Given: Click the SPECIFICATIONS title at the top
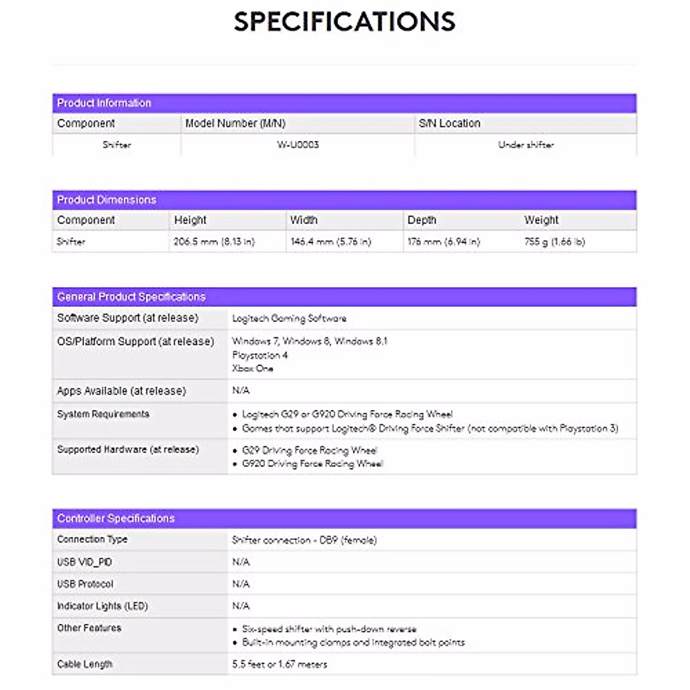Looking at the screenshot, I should tap(344, 22).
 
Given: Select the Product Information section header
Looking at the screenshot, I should tap(104, 103).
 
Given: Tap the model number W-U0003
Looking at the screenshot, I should tap(297, 145).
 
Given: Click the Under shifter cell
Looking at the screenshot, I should tap(526, 145).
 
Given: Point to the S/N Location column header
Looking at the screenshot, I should tap(449, 124).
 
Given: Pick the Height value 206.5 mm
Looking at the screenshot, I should tap(214, 242).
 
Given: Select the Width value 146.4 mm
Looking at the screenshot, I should tap(331, 242).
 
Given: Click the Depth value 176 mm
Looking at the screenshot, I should tap(443, 242).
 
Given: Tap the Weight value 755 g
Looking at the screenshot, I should tap(554, 242).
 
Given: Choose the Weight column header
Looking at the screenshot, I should tap(541, 220).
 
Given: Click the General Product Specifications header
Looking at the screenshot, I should tap(131, 297).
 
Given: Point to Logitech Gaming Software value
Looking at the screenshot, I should tap(289, 319).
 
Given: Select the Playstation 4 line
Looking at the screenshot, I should tap(260, 355).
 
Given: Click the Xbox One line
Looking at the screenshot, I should tap(252, 369).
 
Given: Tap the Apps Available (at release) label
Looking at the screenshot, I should tap(121, 391).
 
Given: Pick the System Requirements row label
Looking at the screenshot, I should tap(103, 415).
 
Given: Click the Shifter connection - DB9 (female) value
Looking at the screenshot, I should tap(304, 540).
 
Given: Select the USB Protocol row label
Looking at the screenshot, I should tap(85, 584).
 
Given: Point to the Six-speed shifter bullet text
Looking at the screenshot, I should tap(329, 629).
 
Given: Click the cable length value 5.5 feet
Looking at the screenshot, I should tap(279, 665).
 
